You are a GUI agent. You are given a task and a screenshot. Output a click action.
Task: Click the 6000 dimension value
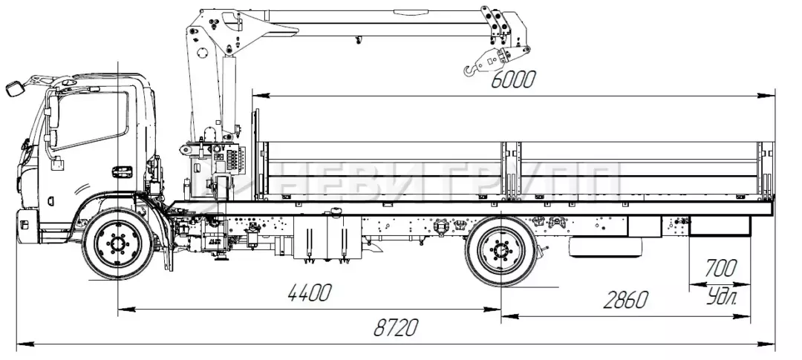(513, 79)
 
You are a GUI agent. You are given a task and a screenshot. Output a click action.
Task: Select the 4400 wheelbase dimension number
(310, 293)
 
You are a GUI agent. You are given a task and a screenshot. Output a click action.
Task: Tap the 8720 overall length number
(395, 327)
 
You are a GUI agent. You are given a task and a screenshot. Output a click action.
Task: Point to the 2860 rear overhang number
(625, 300)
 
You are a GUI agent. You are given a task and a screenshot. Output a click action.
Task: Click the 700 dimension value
(720, 268)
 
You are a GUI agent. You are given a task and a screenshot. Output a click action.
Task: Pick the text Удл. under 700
(723, 297)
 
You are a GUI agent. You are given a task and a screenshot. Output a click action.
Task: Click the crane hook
(471, 70)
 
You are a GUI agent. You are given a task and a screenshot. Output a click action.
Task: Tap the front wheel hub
(118, 243)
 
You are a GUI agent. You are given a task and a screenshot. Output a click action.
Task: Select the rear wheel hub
(501, 251)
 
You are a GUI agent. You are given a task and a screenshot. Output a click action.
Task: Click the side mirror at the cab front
(14, 88)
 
